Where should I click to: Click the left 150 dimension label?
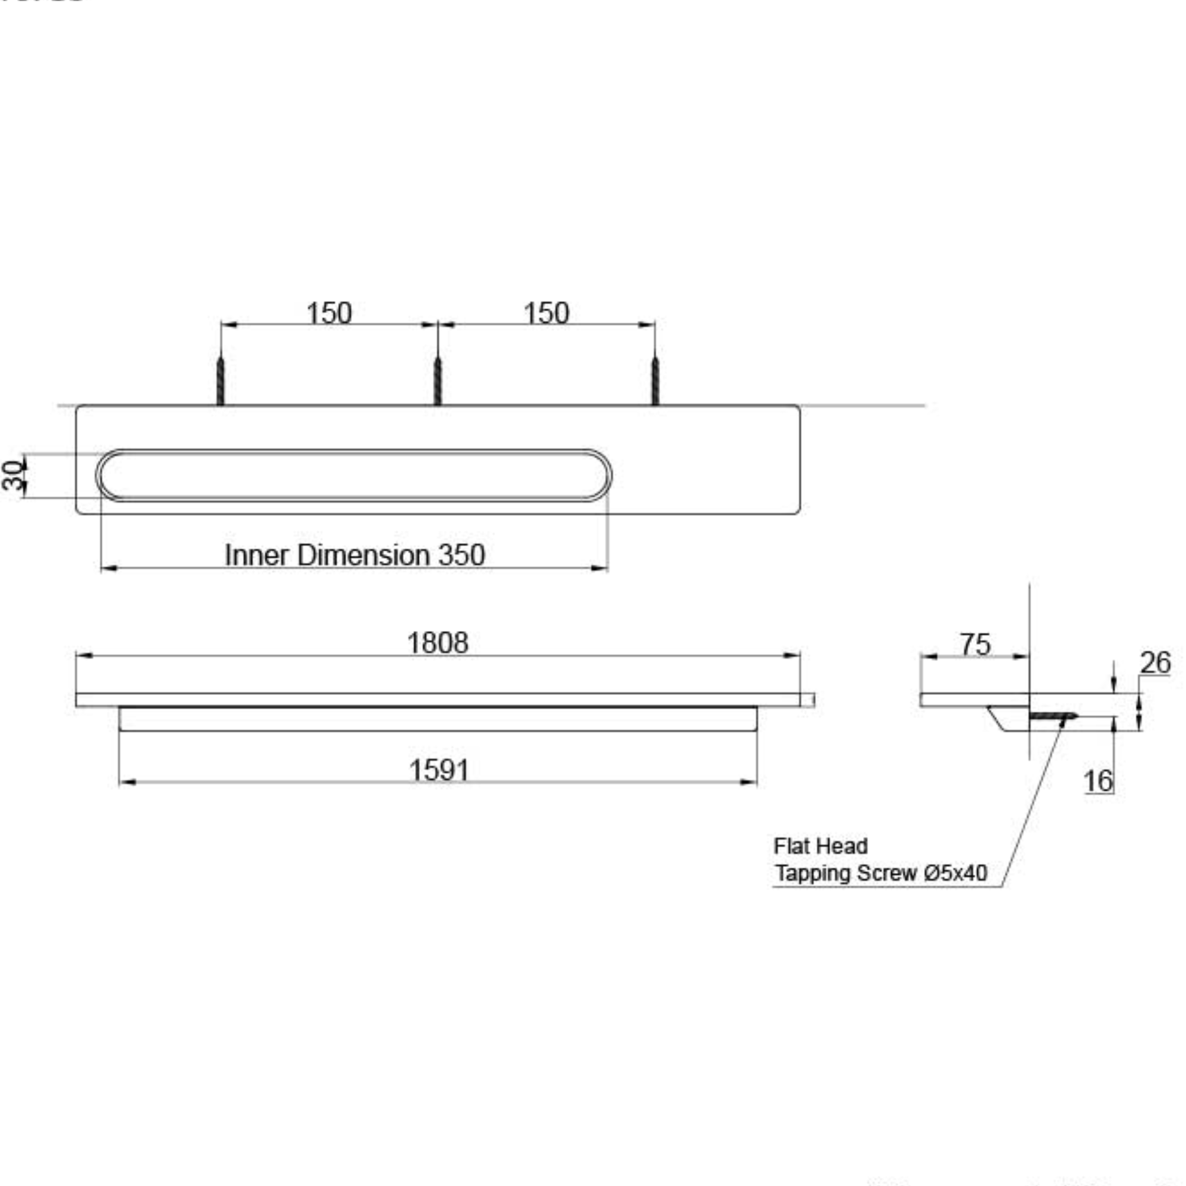click(329, 313)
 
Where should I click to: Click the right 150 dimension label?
click(546, 313)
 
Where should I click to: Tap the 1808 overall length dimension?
click(438, 643)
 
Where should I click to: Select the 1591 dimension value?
click(439, 770)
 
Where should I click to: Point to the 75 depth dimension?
click(975, 645)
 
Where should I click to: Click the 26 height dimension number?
click(1155, 663)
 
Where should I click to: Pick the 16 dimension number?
click(1098, 781)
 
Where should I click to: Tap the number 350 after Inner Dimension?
click(461, 556)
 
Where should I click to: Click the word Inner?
click(257, 556)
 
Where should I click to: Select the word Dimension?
click(364, 556)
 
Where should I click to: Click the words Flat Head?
click(820, 847)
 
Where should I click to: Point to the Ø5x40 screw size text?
click(955, 873)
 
